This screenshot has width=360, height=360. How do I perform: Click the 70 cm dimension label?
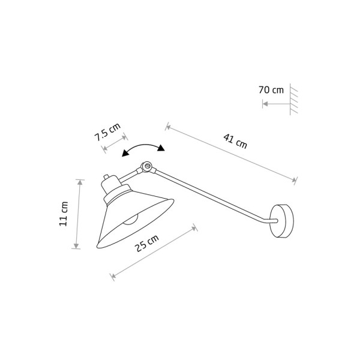271,90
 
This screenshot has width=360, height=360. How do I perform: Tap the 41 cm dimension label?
235,142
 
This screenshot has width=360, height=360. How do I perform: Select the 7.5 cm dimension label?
107,132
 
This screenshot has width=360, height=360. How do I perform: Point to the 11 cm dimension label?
64,214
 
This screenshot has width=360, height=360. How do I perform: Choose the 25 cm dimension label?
146,244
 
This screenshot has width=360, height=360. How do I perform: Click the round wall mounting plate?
282,221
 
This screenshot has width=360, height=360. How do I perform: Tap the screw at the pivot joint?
148,165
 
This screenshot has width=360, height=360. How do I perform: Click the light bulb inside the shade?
131,220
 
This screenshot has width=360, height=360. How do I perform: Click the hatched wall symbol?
293,99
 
